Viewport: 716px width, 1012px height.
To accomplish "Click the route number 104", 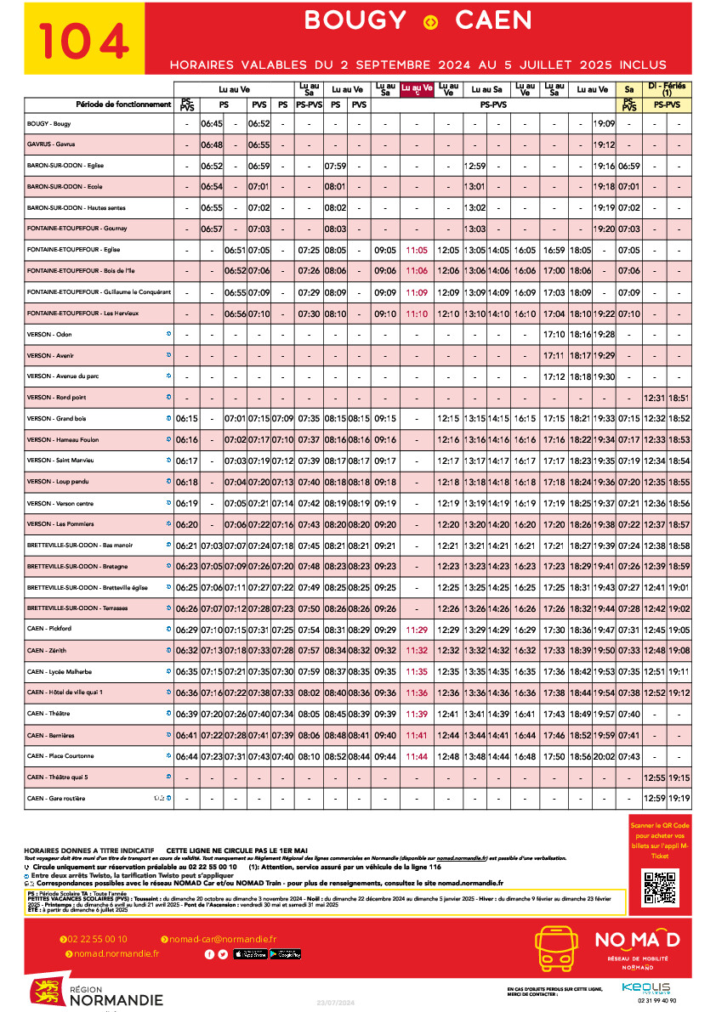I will coord(84,40).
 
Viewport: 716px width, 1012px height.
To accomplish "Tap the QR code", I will coord(660,887).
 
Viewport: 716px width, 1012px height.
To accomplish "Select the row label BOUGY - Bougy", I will coord(48,124).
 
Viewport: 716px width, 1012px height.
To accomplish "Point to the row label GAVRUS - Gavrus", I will coord(50,144).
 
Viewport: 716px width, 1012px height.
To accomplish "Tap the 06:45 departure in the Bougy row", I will coord(211,124).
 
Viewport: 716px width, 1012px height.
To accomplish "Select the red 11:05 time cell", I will coord(417,251).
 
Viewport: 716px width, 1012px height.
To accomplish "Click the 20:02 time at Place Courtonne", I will coord(605,756).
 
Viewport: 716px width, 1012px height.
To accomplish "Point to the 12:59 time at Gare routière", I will coord(655,798).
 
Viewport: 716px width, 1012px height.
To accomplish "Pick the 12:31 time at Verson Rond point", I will coord(655,398).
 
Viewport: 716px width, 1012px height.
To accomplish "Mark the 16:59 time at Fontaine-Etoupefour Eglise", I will coord(554,251).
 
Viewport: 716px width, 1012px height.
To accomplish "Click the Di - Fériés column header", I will coord(667,88).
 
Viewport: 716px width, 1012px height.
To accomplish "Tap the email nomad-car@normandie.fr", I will coord(222,939).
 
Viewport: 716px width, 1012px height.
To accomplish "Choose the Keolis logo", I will coord(645,987).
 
